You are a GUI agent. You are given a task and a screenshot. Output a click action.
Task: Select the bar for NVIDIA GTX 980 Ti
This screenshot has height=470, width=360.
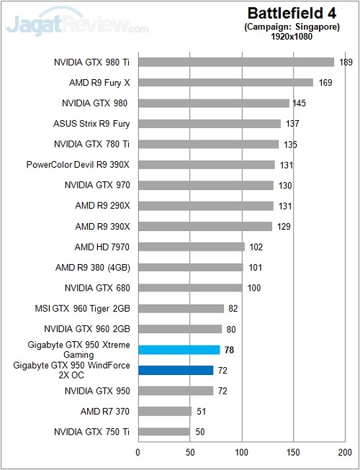pos(235,62)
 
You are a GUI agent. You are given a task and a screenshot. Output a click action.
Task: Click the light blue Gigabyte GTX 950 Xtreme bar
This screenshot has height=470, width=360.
pos(179,350)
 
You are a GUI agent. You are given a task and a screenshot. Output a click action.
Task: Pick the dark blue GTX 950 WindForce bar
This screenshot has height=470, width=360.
pos(176,371)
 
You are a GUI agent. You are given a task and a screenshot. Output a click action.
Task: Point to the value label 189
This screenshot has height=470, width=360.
pos(345,63)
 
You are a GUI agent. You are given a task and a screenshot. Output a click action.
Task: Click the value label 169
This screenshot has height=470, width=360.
pos(325,83)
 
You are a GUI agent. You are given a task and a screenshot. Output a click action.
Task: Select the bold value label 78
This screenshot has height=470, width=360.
pos(230,351)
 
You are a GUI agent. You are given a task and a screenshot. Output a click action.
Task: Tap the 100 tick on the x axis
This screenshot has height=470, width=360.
pos(242,452)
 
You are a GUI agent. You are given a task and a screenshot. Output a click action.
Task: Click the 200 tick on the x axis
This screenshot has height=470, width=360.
pos(346,452)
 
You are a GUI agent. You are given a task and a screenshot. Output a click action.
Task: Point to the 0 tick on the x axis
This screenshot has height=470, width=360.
pos(138,452)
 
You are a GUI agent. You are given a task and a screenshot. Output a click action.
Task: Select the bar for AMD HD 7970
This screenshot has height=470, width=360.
pos(191,247)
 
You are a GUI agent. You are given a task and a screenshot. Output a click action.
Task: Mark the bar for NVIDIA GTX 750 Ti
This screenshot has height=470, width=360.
pos(163,432)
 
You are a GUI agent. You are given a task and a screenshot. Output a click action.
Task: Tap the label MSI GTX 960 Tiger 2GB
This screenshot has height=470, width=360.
pos(82,309)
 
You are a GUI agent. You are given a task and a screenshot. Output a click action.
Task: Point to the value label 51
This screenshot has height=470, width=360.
pos(201,412)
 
